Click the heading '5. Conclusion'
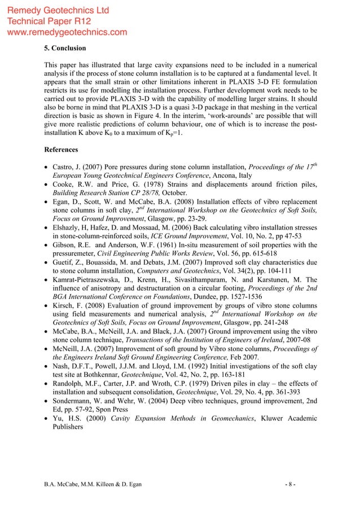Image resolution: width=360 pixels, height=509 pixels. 65,47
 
